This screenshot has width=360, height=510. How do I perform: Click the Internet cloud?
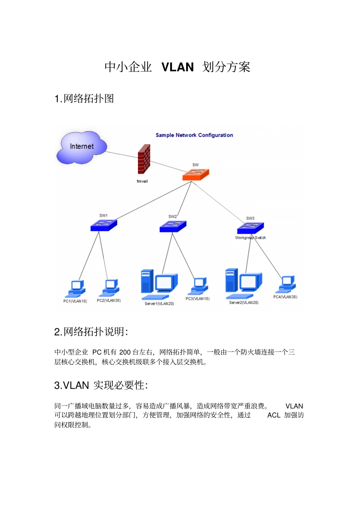81,147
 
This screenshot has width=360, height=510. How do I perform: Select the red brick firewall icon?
144,159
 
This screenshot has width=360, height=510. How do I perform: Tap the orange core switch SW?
196,175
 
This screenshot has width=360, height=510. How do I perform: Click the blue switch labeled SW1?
104,225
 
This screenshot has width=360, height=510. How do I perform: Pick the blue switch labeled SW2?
173,226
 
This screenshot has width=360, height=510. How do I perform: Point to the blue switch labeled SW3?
250,228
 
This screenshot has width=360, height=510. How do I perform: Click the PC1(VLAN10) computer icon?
75,289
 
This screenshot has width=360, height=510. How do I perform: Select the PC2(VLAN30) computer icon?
109,288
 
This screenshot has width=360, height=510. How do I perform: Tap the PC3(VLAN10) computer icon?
198,286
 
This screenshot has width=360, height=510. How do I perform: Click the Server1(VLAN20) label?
159,303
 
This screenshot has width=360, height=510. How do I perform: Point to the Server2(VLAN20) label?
244,302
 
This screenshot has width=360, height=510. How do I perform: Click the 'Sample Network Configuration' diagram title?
194,135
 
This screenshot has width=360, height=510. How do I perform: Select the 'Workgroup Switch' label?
250,238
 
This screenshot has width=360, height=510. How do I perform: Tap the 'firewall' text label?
142,181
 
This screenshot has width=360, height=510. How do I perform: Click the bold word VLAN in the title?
177,67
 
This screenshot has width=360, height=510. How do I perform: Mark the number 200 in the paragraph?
125,352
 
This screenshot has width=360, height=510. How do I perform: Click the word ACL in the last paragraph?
274,415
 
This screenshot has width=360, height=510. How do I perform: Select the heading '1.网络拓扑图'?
84,99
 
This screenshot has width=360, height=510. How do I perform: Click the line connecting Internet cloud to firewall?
122,154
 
